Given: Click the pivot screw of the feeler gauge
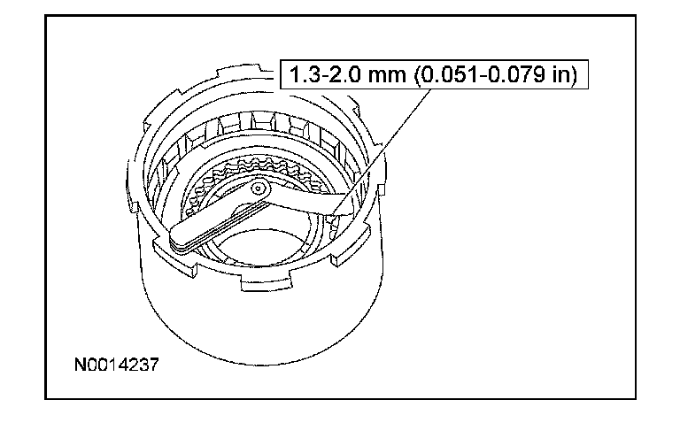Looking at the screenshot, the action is [x=259, y=188].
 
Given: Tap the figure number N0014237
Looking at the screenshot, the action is [x=117, y=365].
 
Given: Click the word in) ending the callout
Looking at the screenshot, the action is [x=565, y=75].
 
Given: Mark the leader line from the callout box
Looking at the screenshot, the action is [x=382, y=150].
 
